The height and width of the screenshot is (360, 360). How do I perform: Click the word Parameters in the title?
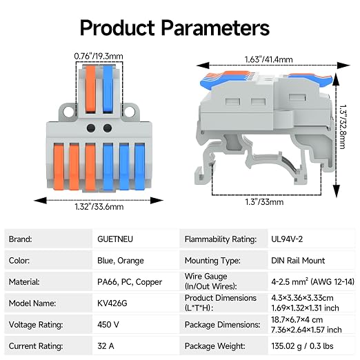pos(215,28)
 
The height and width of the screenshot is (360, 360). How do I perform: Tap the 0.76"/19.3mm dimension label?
pos(99,57)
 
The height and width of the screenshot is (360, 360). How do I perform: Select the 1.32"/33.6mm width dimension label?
pos(99,207)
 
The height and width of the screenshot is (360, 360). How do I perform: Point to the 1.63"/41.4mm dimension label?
pos(268,59)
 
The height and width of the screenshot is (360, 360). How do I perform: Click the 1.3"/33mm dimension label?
pos(264,202)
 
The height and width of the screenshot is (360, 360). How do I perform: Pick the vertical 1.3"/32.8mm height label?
pos(343,127)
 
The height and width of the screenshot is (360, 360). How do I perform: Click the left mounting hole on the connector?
pos(68,112)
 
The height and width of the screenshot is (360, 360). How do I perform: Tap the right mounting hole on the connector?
pos(130,112)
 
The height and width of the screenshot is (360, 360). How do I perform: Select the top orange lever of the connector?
pos(90,90)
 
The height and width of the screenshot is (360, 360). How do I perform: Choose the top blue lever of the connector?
pos(108,90)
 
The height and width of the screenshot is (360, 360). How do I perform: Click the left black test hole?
pos(91,128)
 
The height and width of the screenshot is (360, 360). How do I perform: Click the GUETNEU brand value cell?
pos(115,239)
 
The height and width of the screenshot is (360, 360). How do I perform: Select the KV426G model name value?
pos(112,303)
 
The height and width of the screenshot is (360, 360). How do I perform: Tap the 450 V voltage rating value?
pos(108,325)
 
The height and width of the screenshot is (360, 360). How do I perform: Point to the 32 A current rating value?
pos(106,346)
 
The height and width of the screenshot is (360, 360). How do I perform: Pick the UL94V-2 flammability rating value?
pos(287,239)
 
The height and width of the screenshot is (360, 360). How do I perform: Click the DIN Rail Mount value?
pos(298,261)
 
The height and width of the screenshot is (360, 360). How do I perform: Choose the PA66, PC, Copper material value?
pos(130,282)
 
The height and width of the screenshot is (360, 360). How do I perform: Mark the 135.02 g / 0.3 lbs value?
pos(302,346)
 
